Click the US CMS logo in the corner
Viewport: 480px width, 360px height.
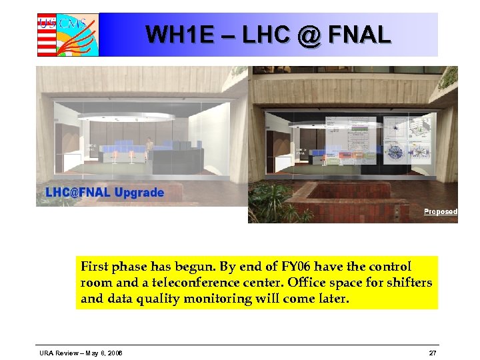click(67, 34)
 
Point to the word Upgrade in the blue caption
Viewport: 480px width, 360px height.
click(139, 193)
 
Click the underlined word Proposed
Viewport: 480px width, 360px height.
click(441, 211)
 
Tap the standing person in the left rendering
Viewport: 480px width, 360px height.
click(150, 149)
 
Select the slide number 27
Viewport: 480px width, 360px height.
click(433, 352)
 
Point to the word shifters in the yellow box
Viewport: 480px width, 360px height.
click(407, 283)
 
